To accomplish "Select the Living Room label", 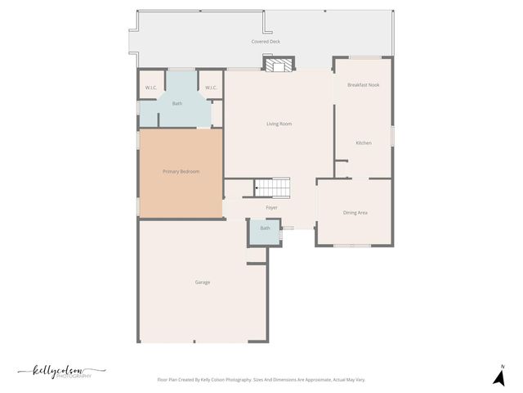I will (x=279, y=124).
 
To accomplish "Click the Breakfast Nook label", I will (x=363, y=85).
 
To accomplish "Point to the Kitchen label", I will (x=364, y=143).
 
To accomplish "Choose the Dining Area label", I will (x=355, y=213).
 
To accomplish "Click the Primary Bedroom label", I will (x=181, y=171).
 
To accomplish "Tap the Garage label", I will (x=202, y=282).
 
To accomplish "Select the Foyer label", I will (x=271, y=208).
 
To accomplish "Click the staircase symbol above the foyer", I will (x=273, y=188).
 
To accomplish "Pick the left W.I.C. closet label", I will (x=151, y=88).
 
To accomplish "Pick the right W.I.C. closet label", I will (x=210, y=88).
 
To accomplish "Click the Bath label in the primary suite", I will (x=177, y=104).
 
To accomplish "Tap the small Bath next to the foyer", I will (x=265, y=228).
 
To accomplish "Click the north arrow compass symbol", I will (x=498, y=377).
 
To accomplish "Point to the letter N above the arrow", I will (x=503, y=366).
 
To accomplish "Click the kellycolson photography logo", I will (x=61, y=372).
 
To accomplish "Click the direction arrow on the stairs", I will (x=257, y=188).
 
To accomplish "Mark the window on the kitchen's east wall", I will (x=392, y=135).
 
